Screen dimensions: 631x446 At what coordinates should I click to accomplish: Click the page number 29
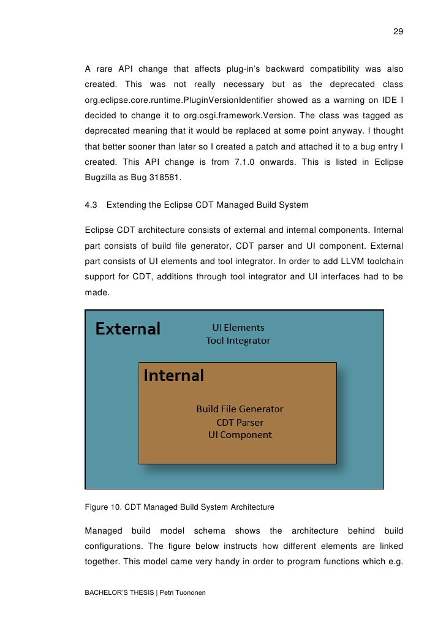click(398, 31)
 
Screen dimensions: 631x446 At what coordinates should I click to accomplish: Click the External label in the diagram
click(127, 329)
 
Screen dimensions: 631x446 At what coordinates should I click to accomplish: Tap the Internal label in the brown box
click(173, 375)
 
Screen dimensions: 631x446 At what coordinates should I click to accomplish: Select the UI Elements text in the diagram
click(238, 327)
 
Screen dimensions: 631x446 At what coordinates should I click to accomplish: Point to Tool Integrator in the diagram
click(238, 341)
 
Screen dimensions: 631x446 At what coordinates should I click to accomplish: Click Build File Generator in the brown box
click(240, 409)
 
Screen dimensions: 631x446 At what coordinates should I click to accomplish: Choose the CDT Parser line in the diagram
click(240, 422)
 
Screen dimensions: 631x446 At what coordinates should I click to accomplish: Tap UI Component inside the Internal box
click(240, 435)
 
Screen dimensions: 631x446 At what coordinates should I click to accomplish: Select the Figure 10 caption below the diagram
click(179, 507)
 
